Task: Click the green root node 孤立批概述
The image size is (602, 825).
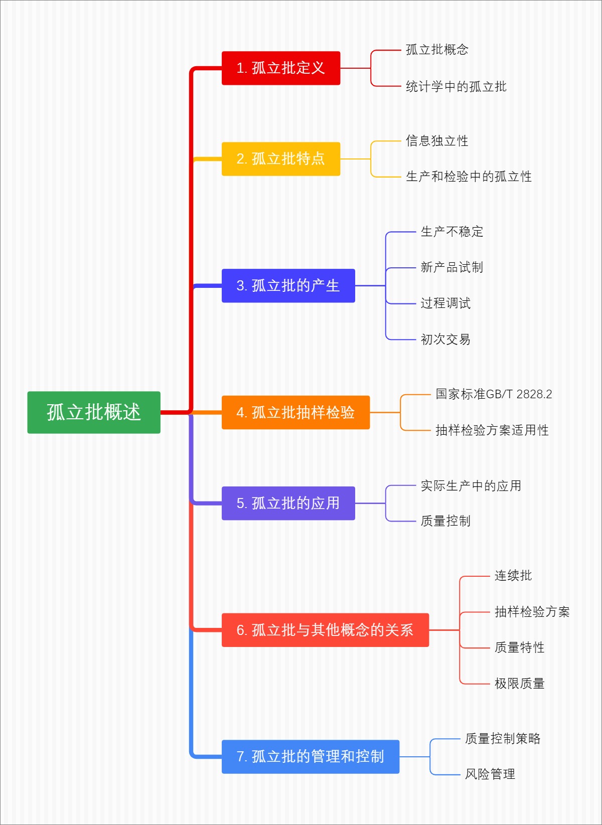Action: pos(94,412)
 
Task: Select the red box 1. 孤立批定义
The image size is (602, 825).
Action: pos(281,68)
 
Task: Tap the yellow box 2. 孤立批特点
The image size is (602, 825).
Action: pos(281,159)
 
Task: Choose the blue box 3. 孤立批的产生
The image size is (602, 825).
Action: pos(288,286)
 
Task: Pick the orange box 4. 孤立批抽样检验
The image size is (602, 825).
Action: pos(295,412)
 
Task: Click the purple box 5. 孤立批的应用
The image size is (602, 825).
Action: pos(288,503)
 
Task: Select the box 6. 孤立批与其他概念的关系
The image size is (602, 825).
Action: pos(325,630)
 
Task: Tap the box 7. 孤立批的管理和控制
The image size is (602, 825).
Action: pos(311,756)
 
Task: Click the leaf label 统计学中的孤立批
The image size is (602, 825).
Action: pos(456,87)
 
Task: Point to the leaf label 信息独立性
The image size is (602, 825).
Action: pos(437,141)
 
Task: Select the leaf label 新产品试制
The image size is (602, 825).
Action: pos(452,267)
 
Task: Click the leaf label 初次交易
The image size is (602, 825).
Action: pos(445,340)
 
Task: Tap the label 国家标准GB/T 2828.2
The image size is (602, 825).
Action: pos(494,394)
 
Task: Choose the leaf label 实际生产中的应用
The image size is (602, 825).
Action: pos(471,485)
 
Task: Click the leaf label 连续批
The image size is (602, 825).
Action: pos(513,576)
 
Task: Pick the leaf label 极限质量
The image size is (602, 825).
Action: pos(519,684)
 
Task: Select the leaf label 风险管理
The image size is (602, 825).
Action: pos(490,774)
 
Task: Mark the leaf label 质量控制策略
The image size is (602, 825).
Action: pos(502,739)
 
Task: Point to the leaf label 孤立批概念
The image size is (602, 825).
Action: pos(437,50)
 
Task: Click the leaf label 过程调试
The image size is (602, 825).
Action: pos(445,303)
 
